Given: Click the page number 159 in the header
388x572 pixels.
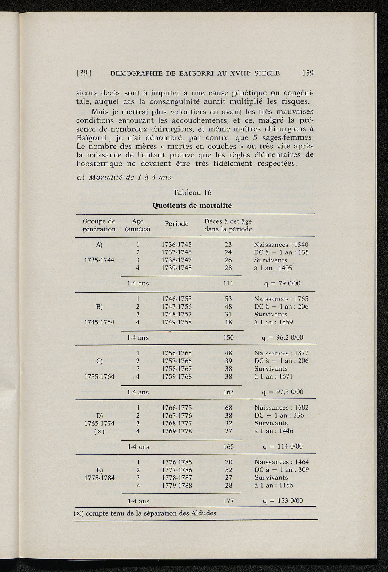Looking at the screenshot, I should (x=308, y=73).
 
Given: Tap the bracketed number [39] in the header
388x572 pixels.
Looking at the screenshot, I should (x=85, y=73).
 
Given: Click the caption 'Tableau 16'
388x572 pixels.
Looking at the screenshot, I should (x=192, y=192).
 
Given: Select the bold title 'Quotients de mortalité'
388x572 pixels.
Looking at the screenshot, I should (x=192, y=206).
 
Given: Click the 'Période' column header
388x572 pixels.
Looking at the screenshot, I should (x=177, y=224).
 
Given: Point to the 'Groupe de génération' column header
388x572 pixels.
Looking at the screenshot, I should (x=99, y=225).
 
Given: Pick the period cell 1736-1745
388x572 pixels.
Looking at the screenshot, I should (x=177, y=245).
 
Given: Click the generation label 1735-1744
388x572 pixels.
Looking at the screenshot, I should (x=99, y=260).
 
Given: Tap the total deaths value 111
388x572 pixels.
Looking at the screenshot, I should (x=228, y=283).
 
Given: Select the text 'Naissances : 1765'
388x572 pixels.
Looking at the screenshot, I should (x=281, y=299).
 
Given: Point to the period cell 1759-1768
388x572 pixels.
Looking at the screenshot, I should (x=177, y=377).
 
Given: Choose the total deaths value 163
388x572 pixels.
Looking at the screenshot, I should (x=228, y=392).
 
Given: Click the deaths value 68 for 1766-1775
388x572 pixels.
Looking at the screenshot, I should (x=228, y=408).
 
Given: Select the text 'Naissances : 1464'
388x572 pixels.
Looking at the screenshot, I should (x=282, y=462).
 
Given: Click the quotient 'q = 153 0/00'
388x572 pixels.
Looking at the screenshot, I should (x=282, y=501).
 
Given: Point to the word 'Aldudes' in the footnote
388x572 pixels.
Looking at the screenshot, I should (x=203, y=513).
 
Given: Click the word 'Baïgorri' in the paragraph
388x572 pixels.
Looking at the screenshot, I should (x=90, y=137).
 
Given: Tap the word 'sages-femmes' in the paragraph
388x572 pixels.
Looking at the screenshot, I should (x=292, y=137).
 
